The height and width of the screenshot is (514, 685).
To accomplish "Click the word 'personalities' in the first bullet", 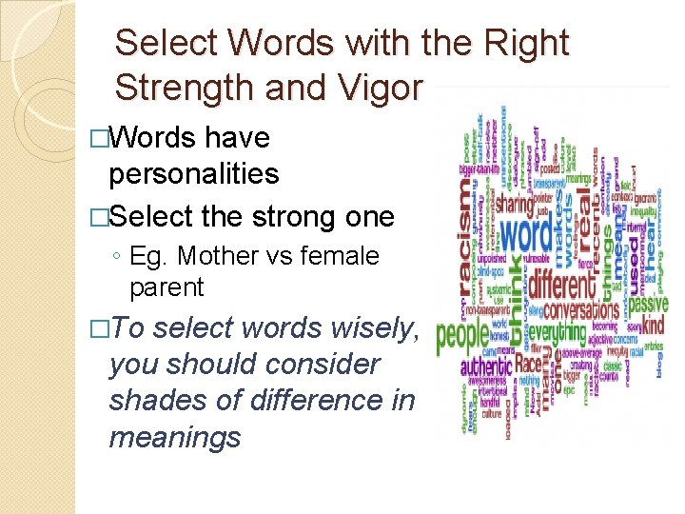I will (x=194, y=173).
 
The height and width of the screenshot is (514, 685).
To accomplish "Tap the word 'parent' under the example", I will (x=167, y=287).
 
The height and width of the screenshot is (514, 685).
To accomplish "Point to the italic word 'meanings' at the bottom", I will (x=175, y=437).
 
